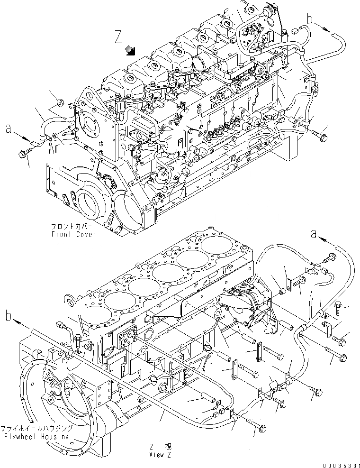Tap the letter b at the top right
tap(310, 19)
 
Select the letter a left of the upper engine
tap(8, 128)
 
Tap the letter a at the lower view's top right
tap(313, 233)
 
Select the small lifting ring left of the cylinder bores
tap(70, 300)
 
